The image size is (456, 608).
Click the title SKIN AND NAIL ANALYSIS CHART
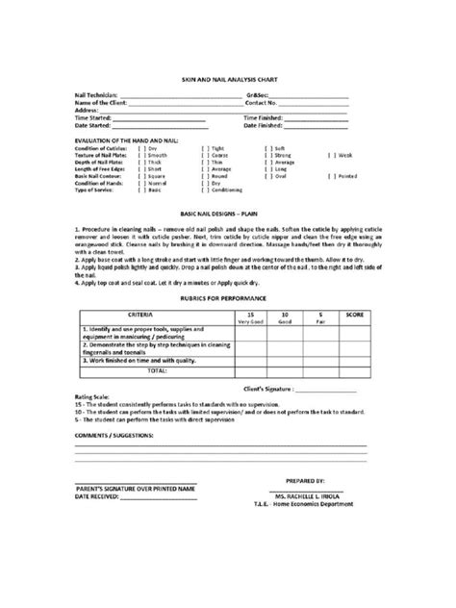[227, 79]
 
